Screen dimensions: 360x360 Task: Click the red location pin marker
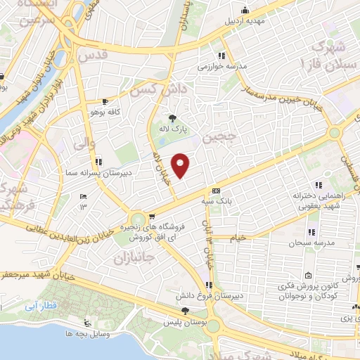pos(181,165)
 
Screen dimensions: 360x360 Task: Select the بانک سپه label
pos(215,201)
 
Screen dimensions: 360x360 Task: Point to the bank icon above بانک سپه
pos(215,191)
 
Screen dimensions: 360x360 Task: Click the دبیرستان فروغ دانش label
pos(208,296)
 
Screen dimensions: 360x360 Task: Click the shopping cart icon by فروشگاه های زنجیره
pos(153,219)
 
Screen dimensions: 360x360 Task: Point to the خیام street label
pos(239,238)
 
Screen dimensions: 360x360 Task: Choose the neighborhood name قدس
pos(93,54)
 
